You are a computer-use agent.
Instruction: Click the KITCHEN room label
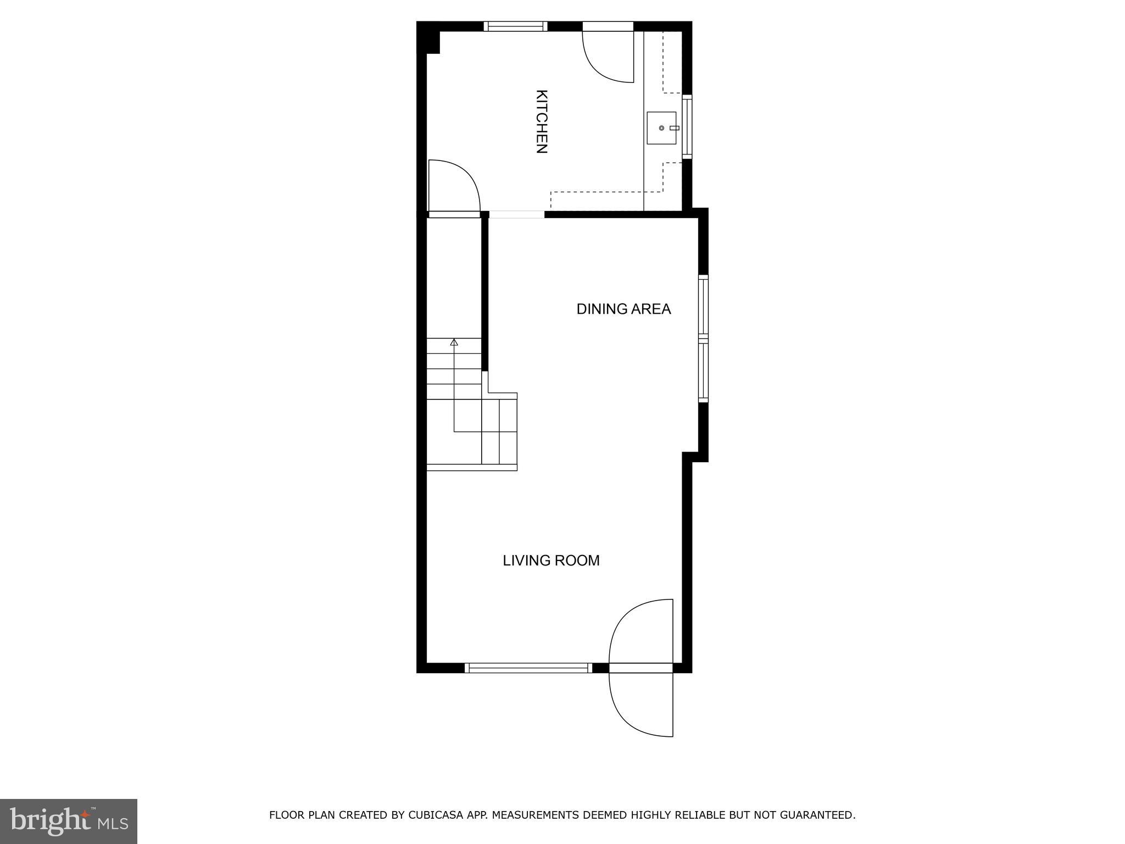541,121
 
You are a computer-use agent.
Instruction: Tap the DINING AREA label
623,309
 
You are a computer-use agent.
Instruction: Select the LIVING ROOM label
551,560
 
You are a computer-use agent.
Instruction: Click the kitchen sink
661,128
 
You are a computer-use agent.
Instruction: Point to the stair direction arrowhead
454,342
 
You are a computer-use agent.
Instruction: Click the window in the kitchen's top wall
515,26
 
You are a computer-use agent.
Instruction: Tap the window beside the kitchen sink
687,127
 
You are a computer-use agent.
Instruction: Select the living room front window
528,668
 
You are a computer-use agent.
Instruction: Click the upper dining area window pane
703,305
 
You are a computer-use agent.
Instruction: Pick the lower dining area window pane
703,371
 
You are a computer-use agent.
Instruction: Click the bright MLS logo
69,821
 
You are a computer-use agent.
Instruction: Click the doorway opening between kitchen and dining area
516,214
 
